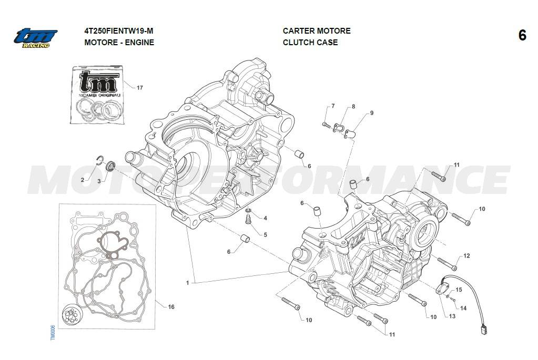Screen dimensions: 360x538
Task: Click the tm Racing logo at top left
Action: (x=35, y=37)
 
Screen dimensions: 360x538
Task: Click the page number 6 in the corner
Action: (x=522, y=36)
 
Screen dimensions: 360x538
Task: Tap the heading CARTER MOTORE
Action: (x=317, y=31)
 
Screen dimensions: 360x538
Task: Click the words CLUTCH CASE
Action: (x=310, y=43)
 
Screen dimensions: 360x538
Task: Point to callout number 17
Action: (x=139, y=88)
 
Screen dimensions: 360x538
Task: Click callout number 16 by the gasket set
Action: (x=171, y=307)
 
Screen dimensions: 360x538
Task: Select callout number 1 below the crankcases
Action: (x=188, y=283)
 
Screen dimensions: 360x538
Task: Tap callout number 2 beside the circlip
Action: (x=83, y=180)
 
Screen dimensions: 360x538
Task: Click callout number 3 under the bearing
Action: (x=98, y=181)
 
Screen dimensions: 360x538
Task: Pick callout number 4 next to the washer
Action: (x=265, y=218)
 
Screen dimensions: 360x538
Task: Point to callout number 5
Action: (x=265, y=235)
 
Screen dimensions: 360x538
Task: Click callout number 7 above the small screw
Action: (x=332, y=107)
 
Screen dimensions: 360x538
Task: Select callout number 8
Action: (x=353, y=107)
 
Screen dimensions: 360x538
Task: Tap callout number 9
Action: (x=371, y=113)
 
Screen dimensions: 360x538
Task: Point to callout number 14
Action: (x=463, y=308)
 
